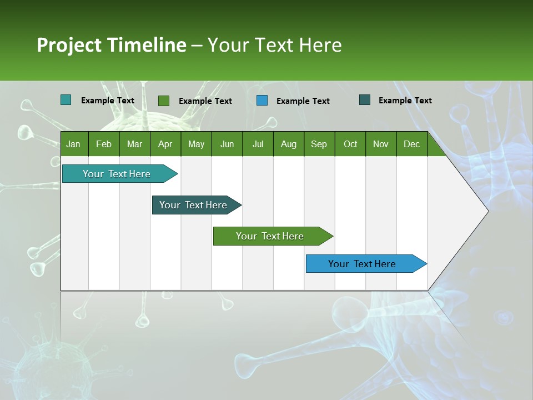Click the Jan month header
click(73, 144)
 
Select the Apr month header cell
click(165, 144)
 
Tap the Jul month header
click(258, 144)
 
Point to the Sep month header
click(319, 144)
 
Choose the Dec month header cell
click(411, 144)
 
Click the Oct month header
click(350, 144)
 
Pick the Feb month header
click(104, 144)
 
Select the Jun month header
click(227, 144)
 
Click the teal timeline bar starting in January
click(117, 174)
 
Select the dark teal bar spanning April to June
click(193, 205)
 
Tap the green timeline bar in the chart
click(270, 236)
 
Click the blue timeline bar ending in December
click(362, 264)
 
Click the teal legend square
click(66, 100)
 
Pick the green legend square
click(164, 101)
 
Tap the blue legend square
click(262, 101)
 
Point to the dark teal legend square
click(365, 100)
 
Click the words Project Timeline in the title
click(111, 45)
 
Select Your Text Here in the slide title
click(275, 45)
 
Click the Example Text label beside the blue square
click(303, 101)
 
